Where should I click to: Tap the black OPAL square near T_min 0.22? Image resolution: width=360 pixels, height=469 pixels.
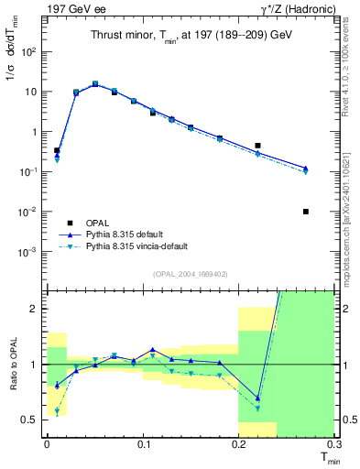[258, 146]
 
